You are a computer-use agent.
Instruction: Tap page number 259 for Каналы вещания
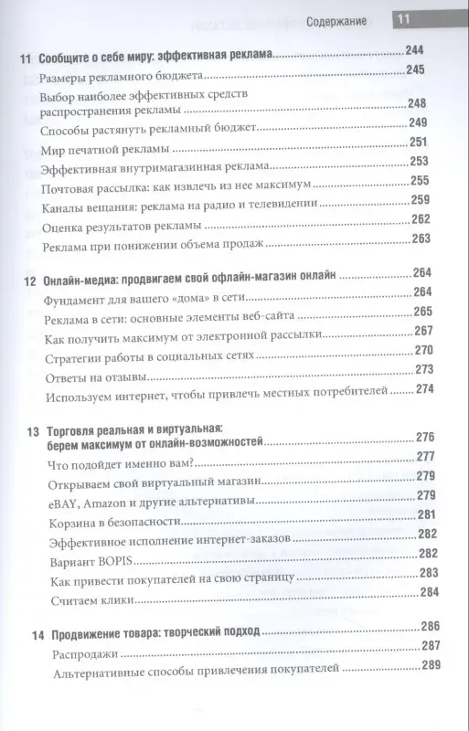coord(420,201)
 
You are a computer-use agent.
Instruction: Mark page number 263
coord(420,240)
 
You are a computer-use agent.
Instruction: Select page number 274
coord(426,390)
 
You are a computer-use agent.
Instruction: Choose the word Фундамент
coord(76,292)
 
